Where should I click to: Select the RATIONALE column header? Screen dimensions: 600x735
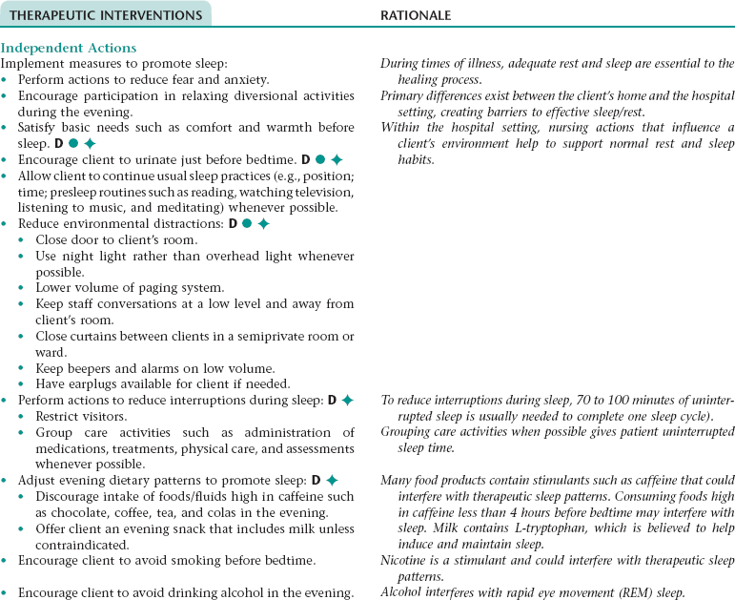pyautogui.click(x=416, y=15)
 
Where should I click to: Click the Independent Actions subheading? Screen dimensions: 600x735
pyautogui.click(x=69, y=48)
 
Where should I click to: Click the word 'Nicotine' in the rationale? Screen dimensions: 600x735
pyautogui.click(x=403, y=561)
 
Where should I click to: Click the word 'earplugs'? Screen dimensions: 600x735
pyautogui.click(x=91, y=384)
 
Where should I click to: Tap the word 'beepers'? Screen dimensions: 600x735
pyautogui.click(x=89, y=368)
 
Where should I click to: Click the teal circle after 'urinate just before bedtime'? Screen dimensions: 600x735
pyautogui.click(x=320, y=158)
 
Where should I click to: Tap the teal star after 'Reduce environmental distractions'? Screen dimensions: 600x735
pyautogui.click(x=264, y=223)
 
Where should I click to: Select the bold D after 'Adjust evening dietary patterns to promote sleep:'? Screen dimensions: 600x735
pyautogui.click(x=315, y=480)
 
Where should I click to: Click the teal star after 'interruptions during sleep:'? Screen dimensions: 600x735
pyautogui.click(x=347, y=401)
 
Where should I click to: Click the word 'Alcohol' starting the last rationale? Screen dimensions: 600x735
pyautogui.click(x=401, y=592)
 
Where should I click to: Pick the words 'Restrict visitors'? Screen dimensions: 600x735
pyautogui.click(x=81, y=416)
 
